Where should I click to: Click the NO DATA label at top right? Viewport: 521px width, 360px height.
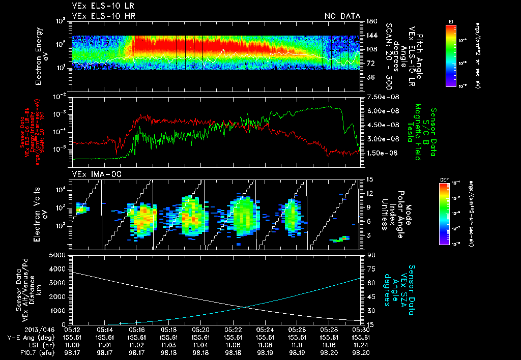(342, 16)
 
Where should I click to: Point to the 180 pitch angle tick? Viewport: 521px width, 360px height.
(370, 21)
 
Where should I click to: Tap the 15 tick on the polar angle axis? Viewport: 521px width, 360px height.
(369, 179)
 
